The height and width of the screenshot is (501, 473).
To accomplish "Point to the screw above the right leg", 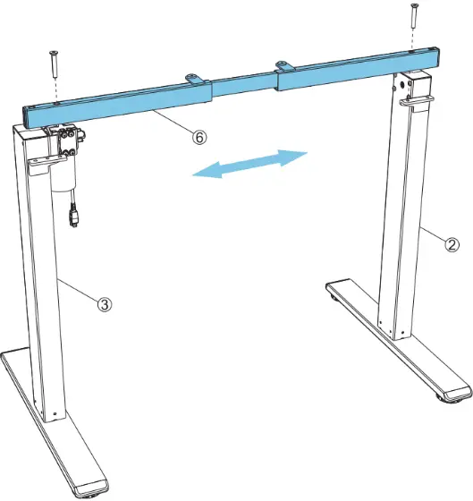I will (413, 16).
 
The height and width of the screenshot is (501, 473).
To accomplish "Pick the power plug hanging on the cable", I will (73, 217).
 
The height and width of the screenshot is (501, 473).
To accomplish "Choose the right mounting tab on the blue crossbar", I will (284, 64).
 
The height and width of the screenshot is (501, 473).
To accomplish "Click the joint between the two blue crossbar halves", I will (279, 82).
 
